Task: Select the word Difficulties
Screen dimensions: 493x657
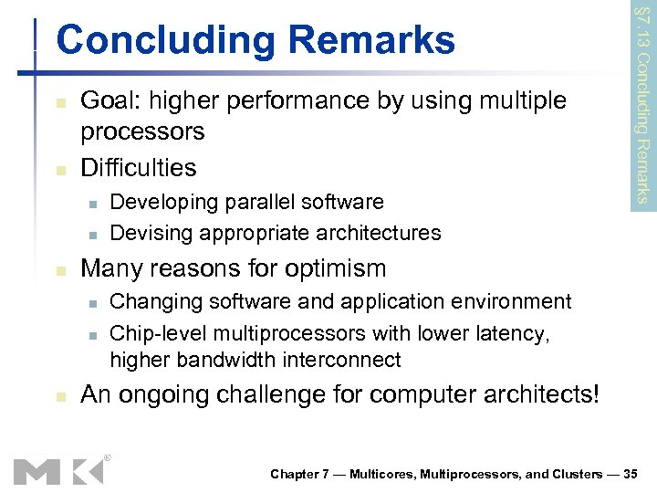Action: click(x=138, y=168)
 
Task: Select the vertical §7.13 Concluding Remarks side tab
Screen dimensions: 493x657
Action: click(x=642, y=102)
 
